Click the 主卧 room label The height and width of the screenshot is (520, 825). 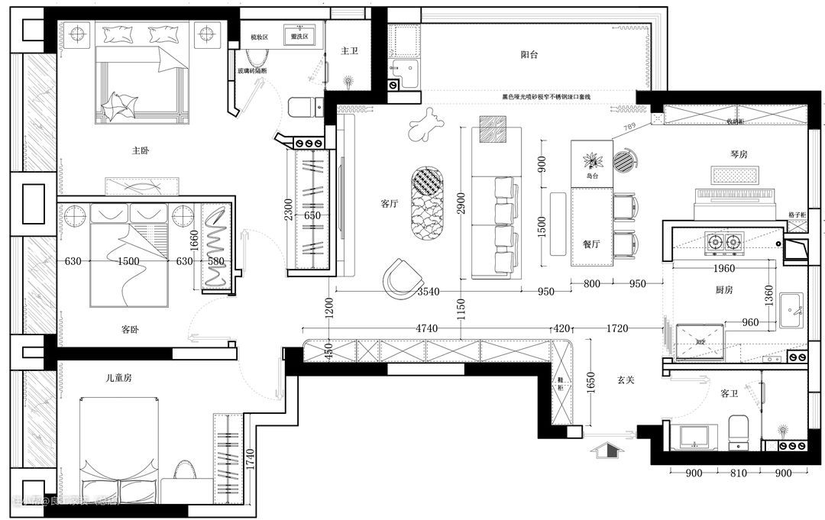pos(141,151)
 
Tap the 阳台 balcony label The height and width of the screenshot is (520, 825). pos(529,55)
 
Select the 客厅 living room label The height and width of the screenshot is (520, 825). pos(390,205)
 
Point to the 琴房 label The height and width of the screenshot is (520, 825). pos(739,154)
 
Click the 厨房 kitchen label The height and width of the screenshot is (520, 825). pos(724,290)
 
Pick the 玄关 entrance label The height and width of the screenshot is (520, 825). pos(626,380)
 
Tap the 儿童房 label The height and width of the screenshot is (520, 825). pos(119,378)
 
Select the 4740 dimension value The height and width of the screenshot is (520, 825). pos(427,329)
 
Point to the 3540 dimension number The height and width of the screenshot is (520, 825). pos(429,292)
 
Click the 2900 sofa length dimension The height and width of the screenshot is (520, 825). pos(458,202)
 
